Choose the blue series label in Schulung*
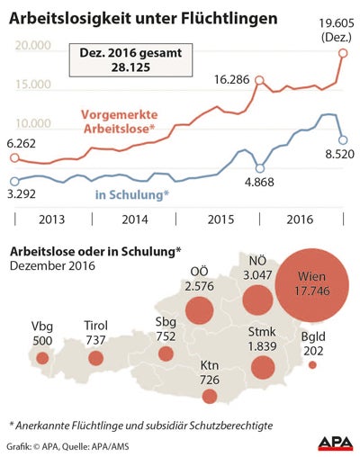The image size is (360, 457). (x=132, y=193)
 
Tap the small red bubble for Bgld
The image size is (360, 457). (x=312, y=365)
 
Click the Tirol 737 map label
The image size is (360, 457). (x=95, y=333)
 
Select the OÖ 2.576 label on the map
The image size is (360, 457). (x=199, y=279)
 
